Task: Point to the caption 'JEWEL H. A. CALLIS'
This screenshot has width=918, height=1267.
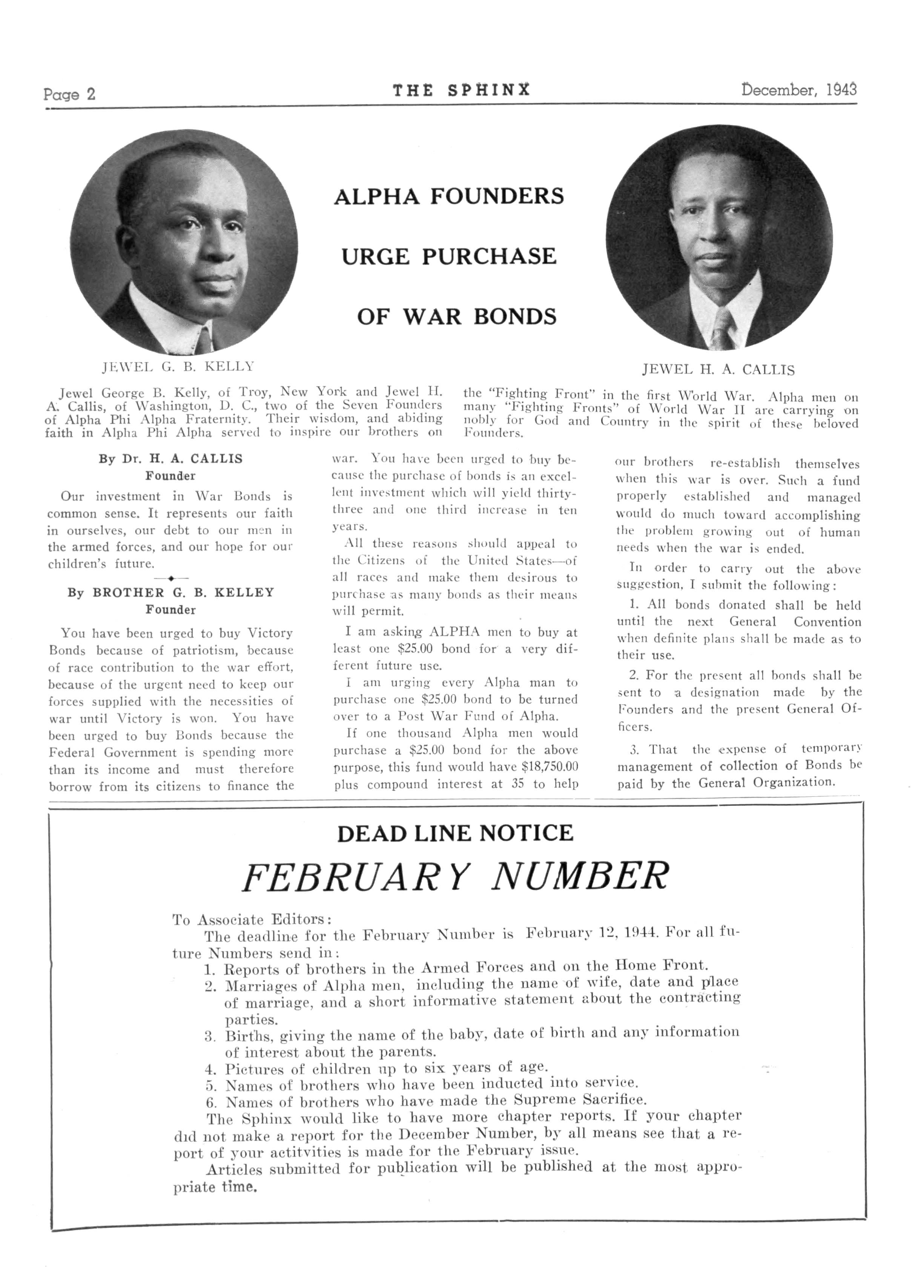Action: click(x=718, y=370)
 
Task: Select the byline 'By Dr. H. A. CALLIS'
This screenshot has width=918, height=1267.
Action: click(x=170, y=459)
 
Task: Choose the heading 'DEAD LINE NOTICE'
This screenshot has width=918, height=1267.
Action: click(x=455, y=833)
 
